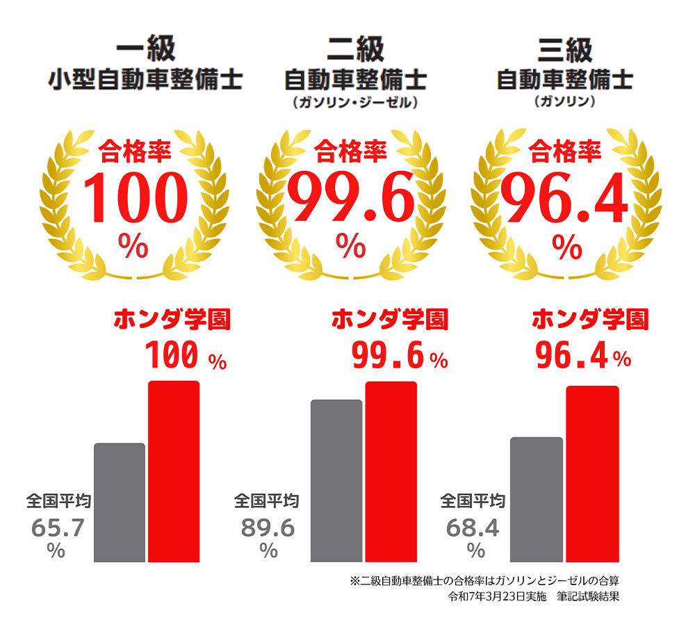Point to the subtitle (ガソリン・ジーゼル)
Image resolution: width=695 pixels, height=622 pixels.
355,103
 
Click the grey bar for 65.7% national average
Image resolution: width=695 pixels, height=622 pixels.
120,502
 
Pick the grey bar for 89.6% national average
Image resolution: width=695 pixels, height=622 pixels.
336,480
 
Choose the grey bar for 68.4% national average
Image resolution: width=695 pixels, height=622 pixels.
537,498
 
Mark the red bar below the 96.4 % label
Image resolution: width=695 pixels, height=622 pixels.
592,473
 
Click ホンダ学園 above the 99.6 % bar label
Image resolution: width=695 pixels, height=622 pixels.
390,320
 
